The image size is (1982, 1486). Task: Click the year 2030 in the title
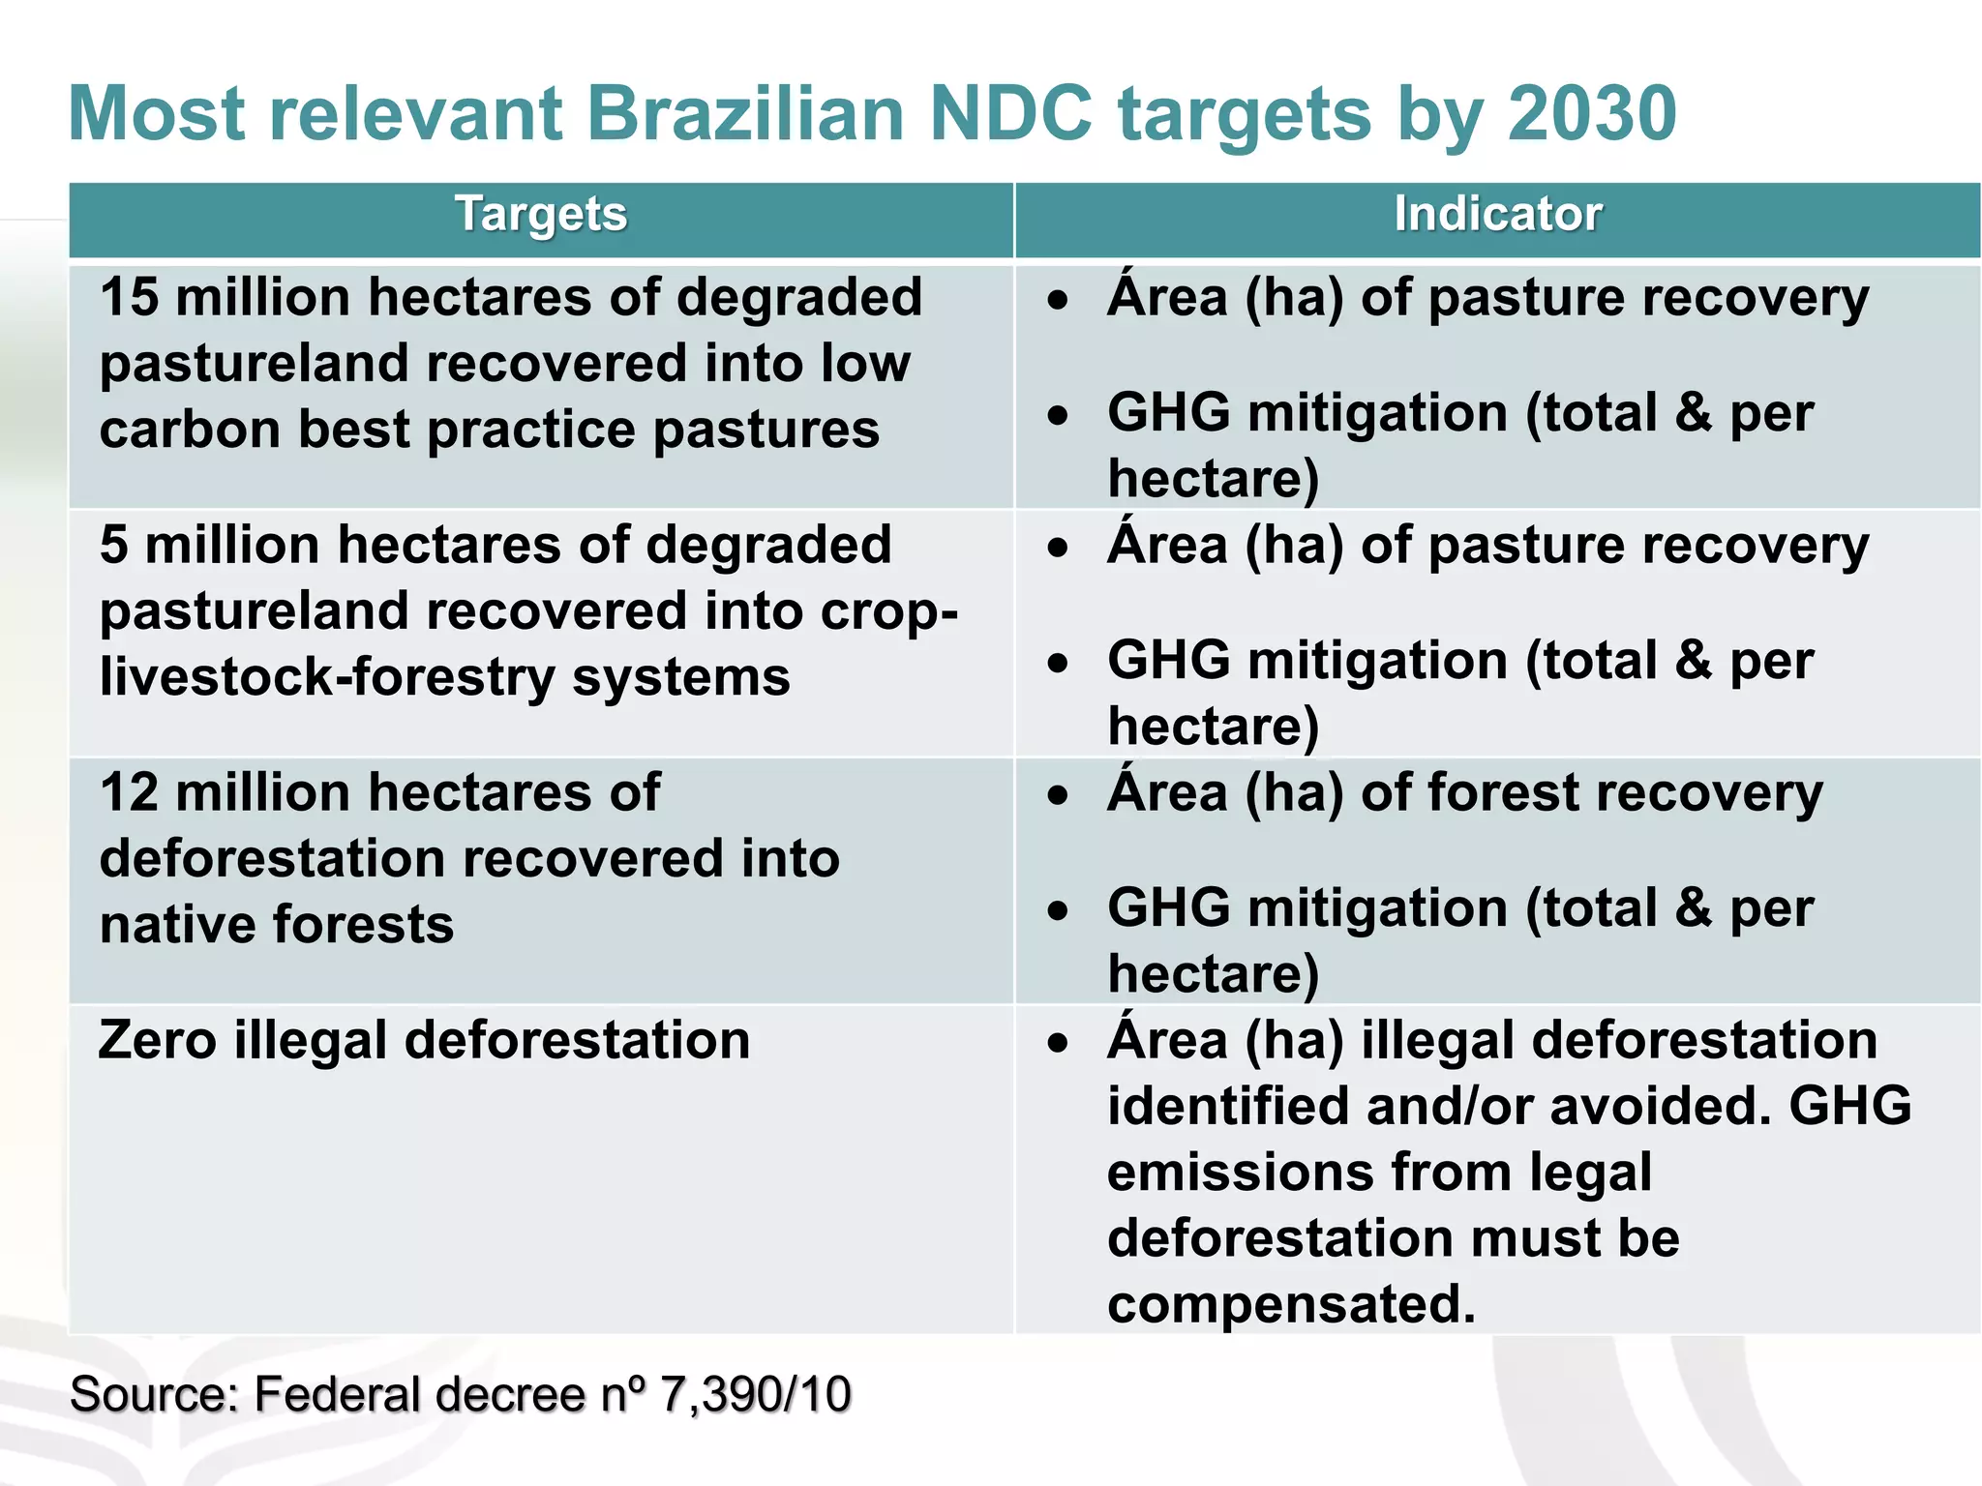1591,114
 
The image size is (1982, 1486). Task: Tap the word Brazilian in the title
745,114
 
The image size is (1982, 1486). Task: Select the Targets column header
541,215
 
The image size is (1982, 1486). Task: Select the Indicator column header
1497,215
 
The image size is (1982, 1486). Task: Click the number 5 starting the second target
113,545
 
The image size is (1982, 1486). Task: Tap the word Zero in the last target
157,1041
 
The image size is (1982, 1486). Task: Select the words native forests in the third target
277,924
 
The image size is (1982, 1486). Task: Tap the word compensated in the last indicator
1291,1304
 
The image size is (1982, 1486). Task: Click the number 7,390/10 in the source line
755,1395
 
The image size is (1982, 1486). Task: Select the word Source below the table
153,1395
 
